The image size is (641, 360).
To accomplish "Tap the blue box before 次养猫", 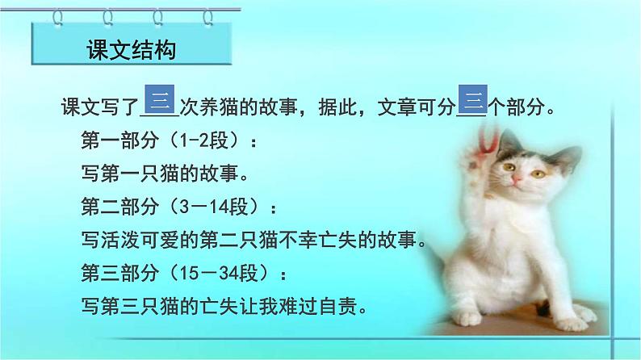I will (161, 101).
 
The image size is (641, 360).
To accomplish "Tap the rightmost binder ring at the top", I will (207, 15).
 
